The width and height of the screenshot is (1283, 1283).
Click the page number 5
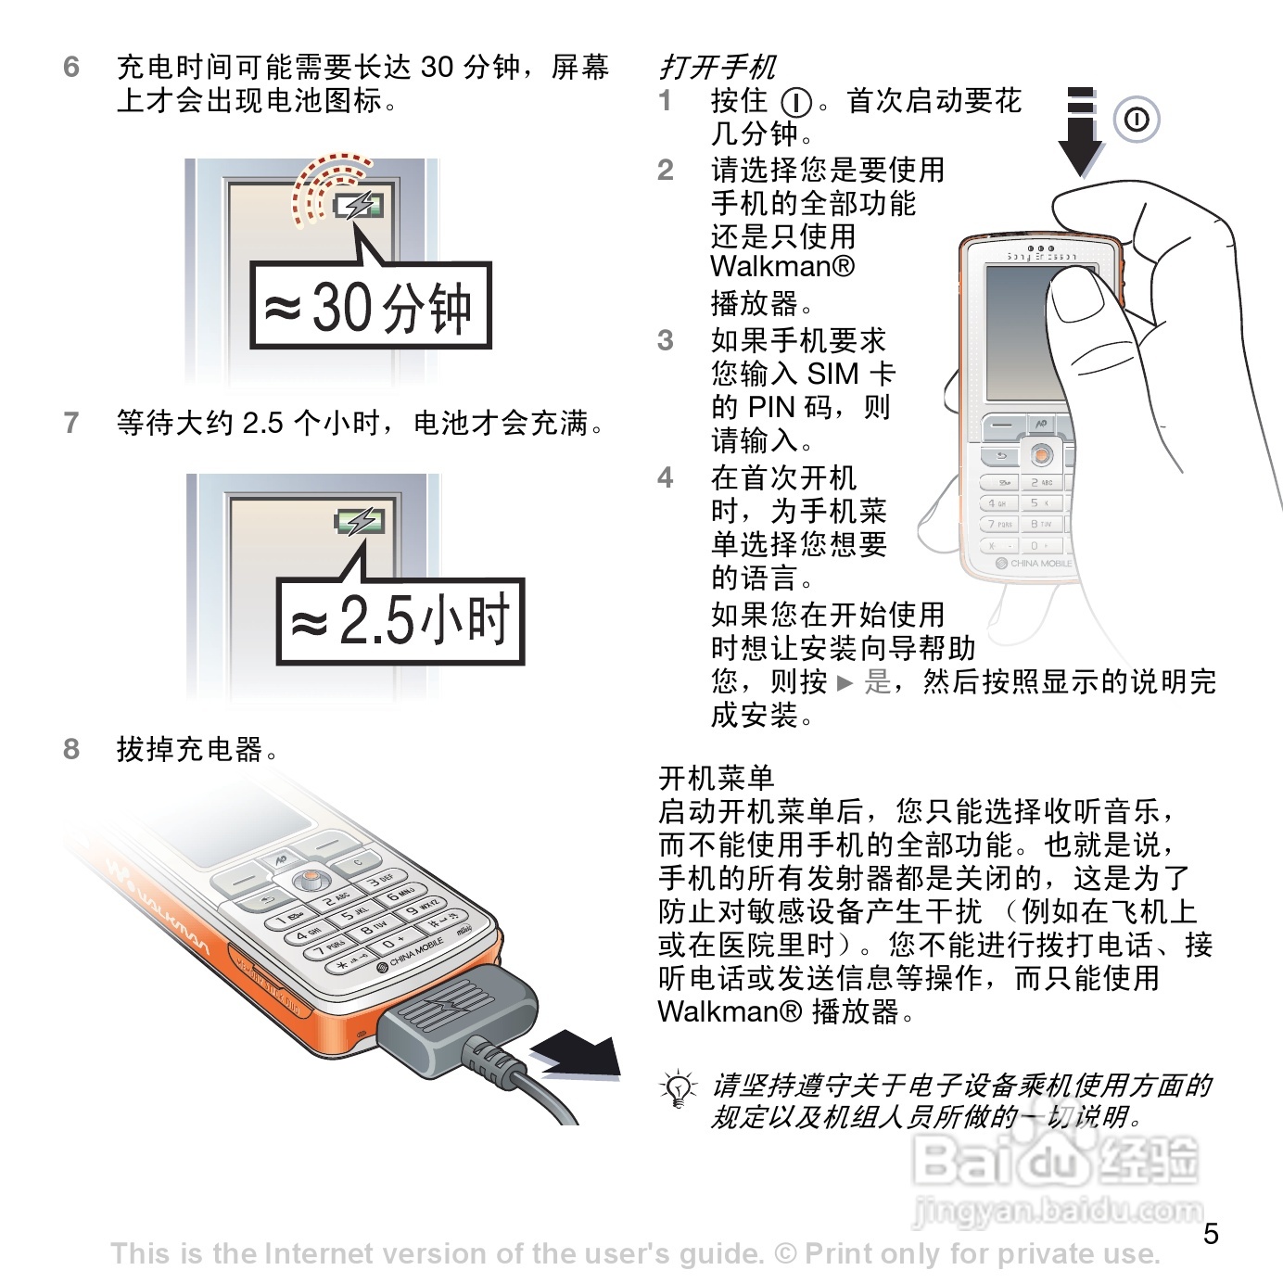point(1211,1234)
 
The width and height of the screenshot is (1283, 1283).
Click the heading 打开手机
point(717,68)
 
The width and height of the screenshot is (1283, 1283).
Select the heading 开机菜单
point(716,778)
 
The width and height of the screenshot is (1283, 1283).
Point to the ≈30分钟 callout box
point(371,306)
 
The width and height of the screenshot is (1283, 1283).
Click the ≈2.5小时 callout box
point(400,621)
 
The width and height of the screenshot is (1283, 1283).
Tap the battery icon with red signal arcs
point(359,206)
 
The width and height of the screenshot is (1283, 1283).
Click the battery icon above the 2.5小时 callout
point(360,522)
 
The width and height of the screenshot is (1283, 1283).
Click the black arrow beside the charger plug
point(577,1055)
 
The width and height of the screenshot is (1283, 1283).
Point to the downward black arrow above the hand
point(1081,132)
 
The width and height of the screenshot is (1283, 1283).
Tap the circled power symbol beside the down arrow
point(1137,120)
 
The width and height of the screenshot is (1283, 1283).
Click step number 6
point(71,68)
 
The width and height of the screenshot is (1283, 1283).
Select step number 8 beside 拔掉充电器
point(71,749)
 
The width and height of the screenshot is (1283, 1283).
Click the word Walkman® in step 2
point(782,266)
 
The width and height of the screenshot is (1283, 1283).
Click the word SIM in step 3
point(832,374)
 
